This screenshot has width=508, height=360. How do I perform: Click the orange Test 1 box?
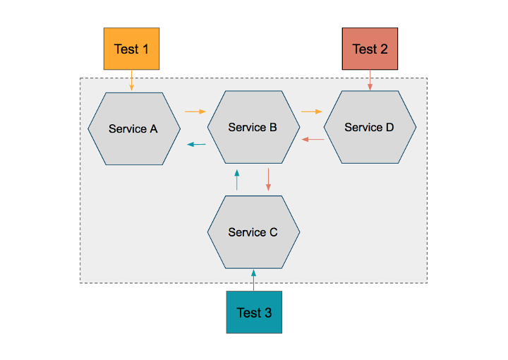131,49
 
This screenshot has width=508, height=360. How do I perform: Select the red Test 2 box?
370,49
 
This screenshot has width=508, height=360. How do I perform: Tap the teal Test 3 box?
254,312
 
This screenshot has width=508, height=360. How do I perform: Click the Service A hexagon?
134,128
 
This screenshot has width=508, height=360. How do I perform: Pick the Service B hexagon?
253,128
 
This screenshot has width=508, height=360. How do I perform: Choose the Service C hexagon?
253,232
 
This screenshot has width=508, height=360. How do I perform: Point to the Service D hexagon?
370,128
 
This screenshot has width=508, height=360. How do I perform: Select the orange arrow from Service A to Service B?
195,112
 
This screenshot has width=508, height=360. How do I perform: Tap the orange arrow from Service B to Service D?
311,112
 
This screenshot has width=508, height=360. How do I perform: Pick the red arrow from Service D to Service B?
313,140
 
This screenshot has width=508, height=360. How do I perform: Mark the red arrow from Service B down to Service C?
269,179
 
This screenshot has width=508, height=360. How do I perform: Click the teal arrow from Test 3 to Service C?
254,280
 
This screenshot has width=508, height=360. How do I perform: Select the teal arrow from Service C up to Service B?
237,179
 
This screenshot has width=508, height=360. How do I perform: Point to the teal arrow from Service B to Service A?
196,145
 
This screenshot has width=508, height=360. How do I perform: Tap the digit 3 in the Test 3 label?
267,313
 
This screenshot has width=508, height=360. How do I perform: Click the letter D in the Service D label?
389,128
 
